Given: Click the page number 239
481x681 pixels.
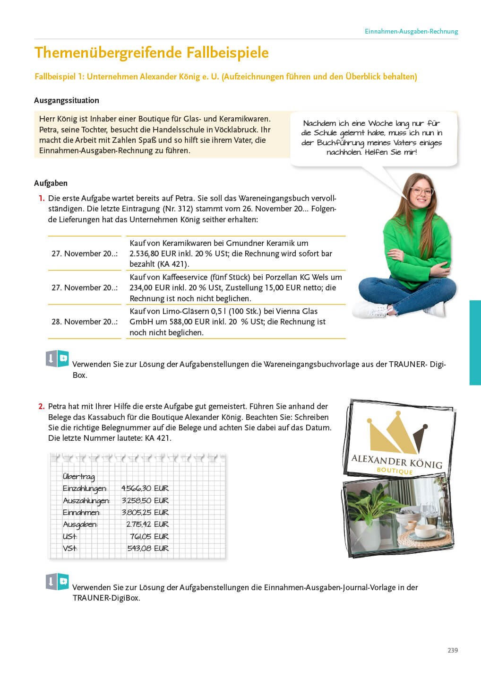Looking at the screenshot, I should click(x=452, y=650).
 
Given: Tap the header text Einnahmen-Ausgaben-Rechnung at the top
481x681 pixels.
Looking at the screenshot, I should click(x=411, y=32).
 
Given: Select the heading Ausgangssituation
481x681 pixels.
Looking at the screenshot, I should click(x=67, y=100).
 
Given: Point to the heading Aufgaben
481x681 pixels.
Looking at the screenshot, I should click(x=51, y=183).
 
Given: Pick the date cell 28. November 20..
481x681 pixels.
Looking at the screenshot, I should click(x=84, y=322).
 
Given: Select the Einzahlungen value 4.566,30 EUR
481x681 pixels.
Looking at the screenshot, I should click(x=145, y=488).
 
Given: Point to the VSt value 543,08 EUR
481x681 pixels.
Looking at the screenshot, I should click(x=147, y=548).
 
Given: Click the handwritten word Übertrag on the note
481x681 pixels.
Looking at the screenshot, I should click(x=78, y=476).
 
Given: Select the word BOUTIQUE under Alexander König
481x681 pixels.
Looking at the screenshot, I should click(x=395, y=471).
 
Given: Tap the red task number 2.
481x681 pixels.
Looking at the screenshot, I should click(x=42, y=406).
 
